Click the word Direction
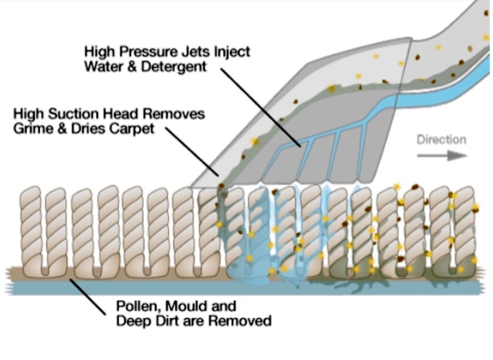[x=441, y=140]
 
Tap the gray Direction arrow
[x=441, y=155]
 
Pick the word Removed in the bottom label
[x=243, y=320]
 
